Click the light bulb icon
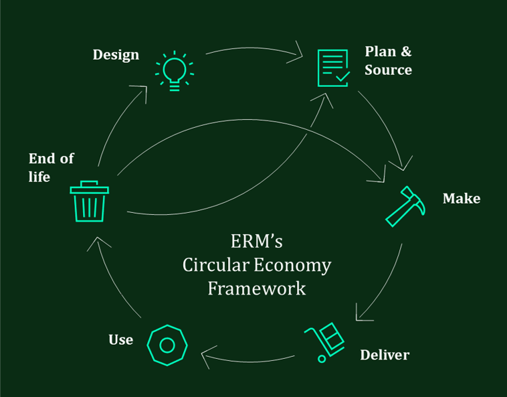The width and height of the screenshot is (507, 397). coord(175,70)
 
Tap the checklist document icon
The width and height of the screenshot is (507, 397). coord(332,68)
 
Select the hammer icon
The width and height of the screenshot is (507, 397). coord(405,206)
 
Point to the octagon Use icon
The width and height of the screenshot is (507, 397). coord(167,345)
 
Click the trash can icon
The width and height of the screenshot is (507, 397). coord(89,202)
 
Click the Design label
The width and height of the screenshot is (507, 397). coord(116,54)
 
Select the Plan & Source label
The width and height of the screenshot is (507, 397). coord(388,60)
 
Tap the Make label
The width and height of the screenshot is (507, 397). coord(461,199)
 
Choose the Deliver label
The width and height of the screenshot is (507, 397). coord(384,354)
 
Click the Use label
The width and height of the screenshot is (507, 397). coord(120,339)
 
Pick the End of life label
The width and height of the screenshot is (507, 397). coord(51,167)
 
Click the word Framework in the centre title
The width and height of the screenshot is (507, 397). coord(256,289)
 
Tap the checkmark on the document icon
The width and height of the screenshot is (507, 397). coord(342,76)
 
